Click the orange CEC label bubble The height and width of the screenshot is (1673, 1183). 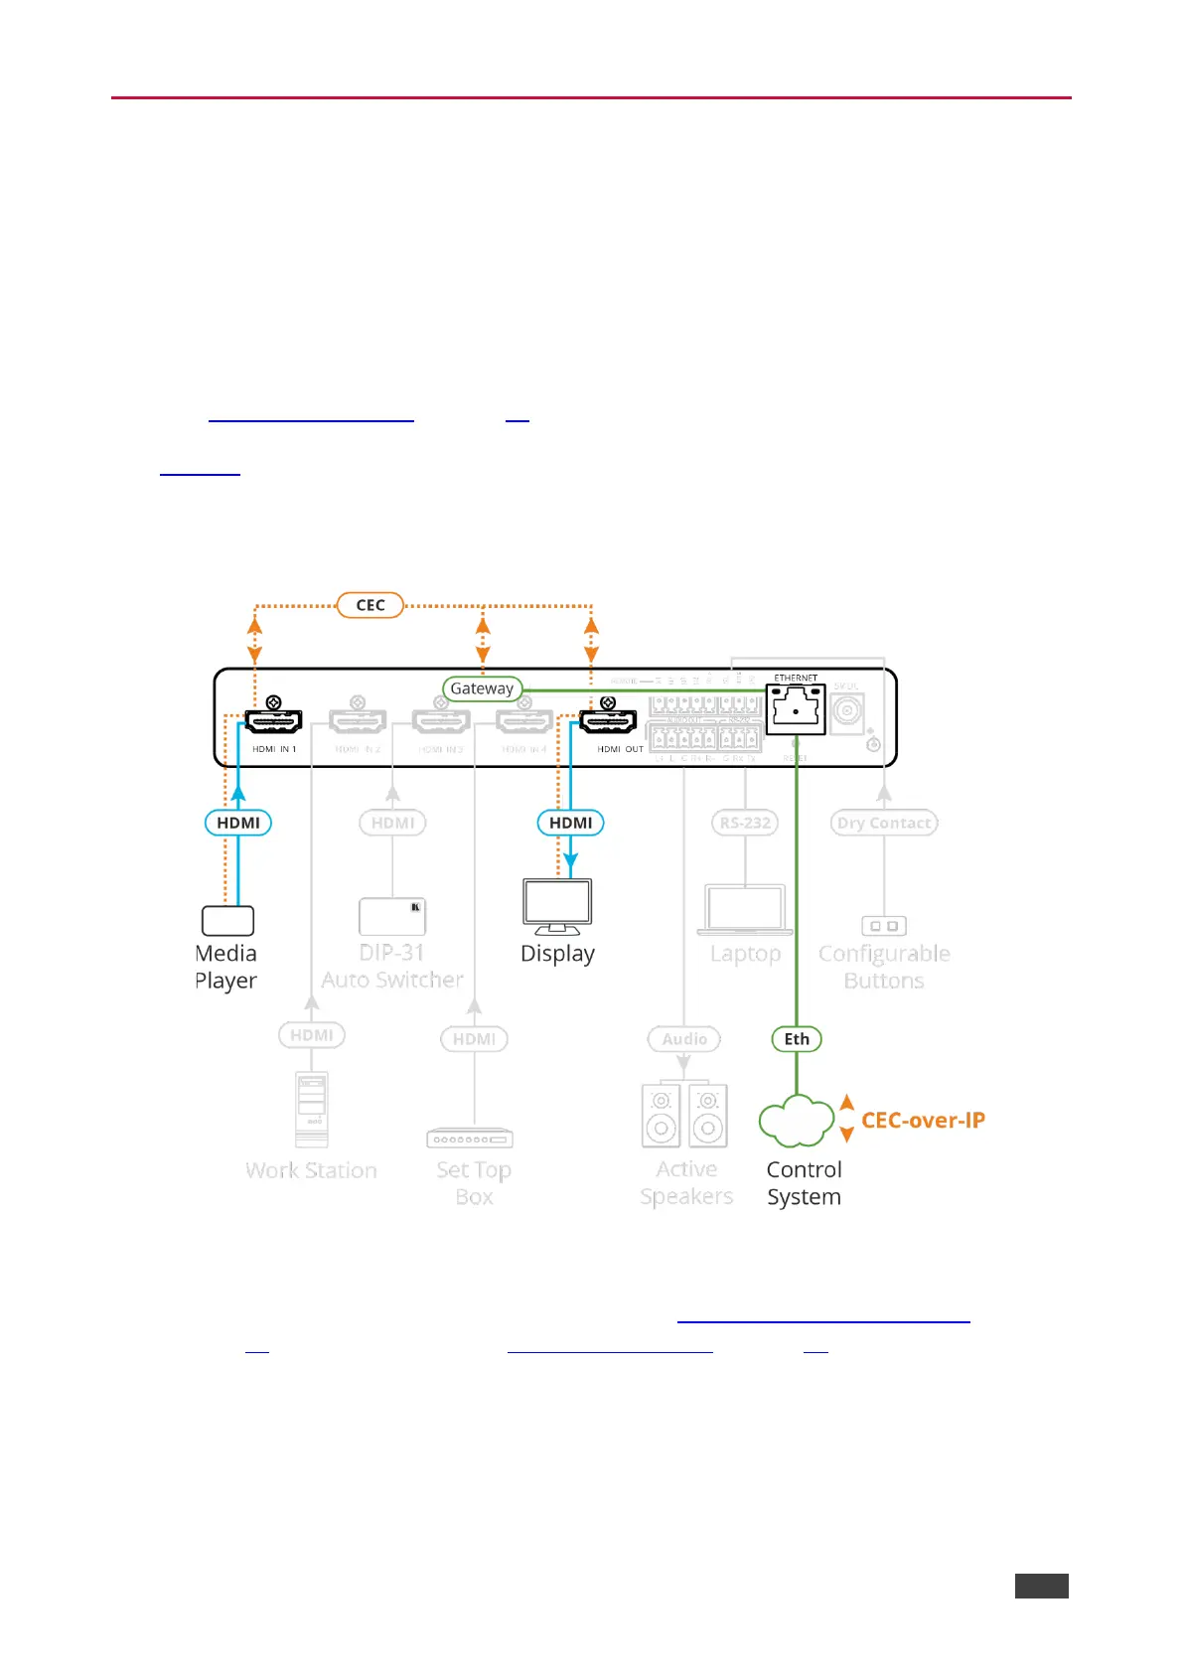[x=370, y=605]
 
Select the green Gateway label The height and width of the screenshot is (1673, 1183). [x=482, y=688]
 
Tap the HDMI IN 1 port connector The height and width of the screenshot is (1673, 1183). [x=273, y=721]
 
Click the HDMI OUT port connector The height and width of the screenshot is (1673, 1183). [x=608, y=721]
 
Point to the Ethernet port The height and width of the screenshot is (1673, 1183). [x=796, y=708]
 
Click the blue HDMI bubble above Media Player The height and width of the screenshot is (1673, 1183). [x=238, y=823]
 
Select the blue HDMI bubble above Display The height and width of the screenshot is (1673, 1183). [x=570, y=823]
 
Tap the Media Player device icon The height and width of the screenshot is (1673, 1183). [x=227, y=921]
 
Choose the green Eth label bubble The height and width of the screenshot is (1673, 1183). [x=797, y=1039]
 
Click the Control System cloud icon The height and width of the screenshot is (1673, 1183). [x=796, y=1121]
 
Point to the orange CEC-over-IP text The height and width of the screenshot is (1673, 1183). [x=923, y=1121]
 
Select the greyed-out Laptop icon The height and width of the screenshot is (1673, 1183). [x=745, y=910]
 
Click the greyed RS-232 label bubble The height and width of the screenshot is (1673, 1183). [x=745, y=823]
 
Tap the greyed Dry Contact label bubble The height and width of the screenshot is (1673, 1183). [x=883, y=823]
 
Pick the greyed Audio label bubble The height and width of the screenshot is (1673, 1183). [x=684, y=1039]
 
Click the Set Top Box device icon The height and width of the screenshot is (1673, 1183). [x=470, y=1139]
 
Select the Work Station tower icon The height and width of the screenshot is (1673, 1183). [x=312, y=1109]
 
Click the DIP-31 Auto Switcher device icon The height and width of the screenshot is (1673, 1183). [x=392, y=916]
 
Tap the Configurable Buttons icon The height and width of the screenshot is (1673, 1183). [x=883, y=926]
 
